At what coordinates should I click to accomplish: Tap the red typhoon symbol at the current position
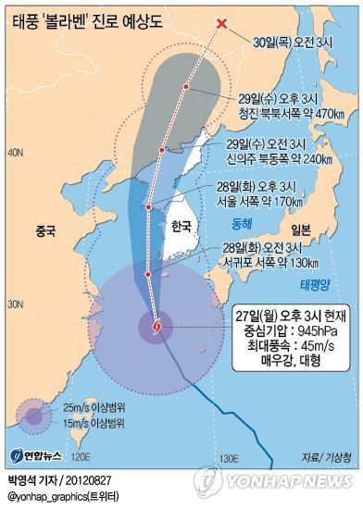click(x=155, y=326)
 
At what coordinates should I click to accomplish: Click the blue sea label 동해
click(x=242, y=224)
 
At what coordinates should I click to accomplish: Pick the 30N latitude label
click(x=15, y=304)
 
